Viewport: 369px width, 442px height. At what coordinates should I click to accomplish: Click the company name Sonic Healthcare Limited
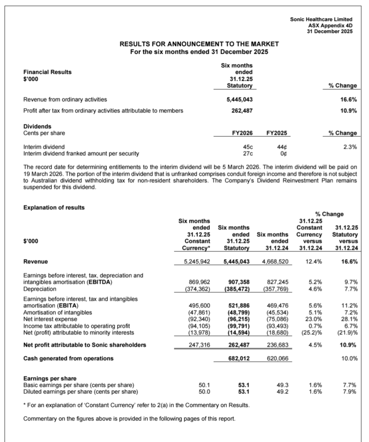coord(321,19)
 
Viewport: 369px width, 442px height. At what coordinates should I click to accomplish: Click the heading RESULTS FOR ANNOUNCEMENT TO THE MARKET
coord(199,44)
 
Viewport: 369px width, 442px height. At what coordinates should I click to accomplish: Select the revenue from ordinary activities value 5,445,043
coord(240,100)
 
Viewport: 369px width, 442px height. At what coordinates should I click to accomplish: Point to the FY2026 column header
coord(242,133)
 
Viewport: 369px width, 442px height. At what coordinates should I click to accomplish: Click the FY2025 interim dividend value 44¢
coord(281,147)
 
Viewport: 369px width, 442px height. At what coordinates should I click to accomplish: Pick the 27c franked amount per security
coord(247,153)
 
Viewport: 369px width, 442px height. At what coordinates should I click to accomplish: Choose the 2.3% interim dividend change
coord(350,147)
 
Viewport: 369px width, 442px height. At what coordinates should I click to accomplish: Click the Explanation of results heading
coord(54,207)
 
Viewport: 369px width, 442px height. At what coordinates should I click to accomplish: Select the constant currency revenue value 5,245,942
coord(197,262)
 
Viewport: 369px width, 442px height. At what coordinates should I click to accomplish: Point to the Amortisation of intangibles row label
coord(58,312)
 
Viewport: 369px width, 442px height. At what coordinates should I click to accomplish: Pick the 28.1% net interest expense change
coord(350,319)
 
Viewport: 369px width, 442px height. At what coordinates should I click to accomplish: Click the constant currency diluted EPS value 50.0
coord(204,392)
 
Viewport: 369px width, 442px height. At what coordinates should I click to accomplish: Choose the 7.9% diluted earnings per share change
coord(350,392)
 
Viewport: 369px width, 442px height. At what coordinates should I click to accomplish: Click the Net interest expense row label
coord(50,319)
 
